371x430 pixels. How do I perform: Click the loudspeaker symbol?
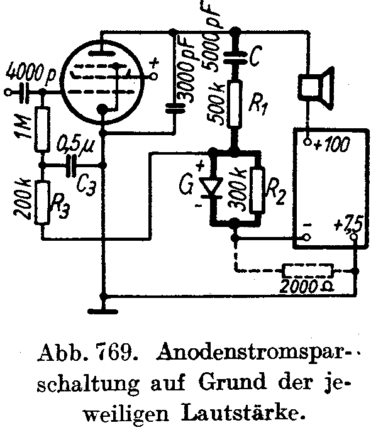[x=315, y=87]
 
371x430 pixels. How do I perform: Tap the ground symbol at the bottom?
[x=103, y=312]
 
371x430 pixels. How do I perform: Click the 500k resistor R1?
[x=235, y=104]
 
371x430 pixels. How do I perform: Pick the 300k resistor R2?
[x=257, y=190]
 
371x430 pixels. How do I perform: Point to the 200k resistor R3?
[x=42, y=202]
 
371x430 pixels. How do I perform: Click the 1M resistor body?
[x=42, y=129]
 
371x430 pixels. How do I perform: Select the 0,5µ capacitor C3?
[x=71, y=165]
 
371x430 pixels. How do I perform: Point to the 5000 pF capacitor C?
[x=235, y=58]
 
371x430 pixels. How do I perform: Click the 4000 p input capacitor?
[x=24, y=92]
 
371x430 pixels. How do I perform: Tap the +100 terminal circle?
[x=307, y=142]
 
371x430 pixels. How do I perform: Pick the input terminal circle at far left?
[x=8, y=92]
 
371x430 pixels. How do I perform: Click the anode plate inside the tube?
[x=102, y=53]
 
